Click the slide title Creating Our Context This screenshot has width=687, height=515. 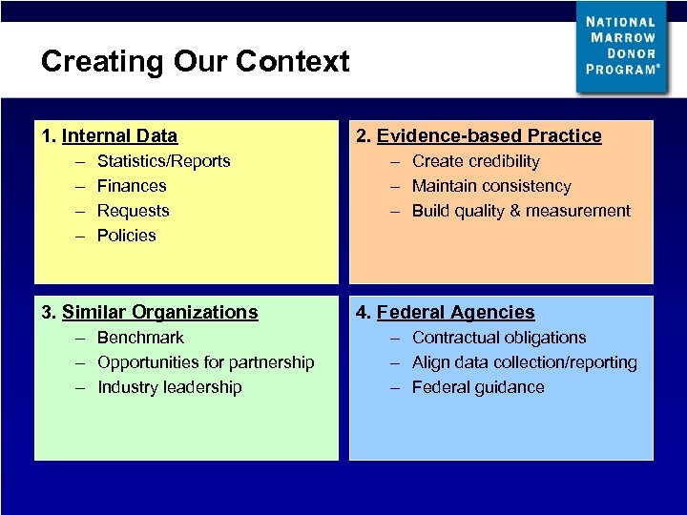(x=195, y=62)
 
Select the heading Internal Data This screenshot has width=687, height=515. (x=119, y=136)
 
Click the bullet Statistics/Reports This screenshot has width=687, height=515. (x=163, y=161)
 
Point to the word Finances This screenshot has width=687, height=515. (x=132, y=186)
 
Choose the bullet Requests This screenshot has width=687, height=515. (x=133, y=211)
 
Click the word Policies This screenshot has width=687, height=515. (x=126, y=236)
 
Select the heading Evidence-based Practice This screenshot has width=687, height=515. (x=489, y=136)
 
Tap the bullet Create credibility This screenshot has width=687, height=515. (x=475, y=161)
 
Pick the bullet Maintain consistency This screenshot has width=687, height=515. (x=491, y=186)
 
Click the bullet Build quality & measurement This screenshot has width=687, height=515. (x=521, y=211)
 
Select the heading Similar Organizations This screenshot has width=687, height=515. (x=159, y=313)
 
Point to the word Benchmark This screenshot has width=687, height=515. (x=140, y=338)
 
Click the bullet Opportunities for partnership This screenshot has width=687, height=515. (x=205, y=362)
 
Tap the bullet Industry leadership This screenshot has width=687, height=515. (x=169, y=387)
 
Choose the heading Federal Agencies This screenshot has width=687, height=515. (x=455, y=313)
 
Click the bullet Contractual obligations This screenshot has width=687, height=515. (x=498, y=338)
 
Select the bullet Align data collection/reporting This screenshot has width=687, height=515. (x=524, y=362)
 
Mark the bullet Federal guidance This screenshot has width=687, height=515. (x=478, y=387)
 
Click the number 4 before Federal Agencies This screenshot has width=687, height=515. (x=362, y=313)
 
